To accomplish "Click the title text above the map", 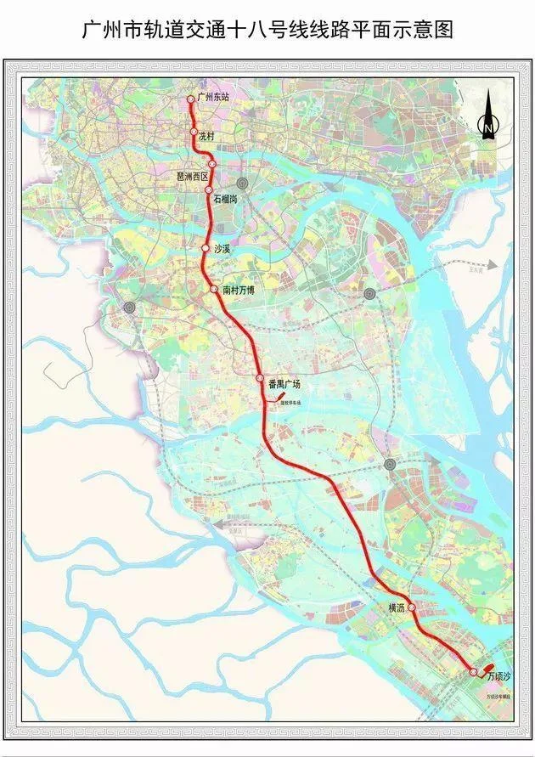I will click(267, 31).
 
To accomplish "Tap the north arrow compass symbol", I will click(488, 119).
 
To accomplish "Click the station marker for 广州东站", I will click(191, 99).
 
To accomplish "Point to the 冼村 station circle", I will click(194, 133).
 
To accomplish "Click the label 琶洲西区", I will click(192, 176).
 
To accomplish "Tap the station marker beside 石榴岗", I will click(209, 190).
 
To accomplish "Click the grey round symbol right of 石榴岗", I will click(243, 183).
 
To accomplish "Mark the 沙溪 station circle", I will click(204, 248).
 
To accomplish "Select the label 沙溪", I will click(223, 249).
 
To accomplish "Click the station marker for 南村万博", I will click(214, 290).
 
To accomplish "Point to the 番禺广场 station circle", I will click(260, 378).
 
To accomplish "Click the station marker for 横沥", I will click(411, 607).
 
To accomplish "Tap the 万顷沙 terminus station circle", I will click(474, 672).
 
